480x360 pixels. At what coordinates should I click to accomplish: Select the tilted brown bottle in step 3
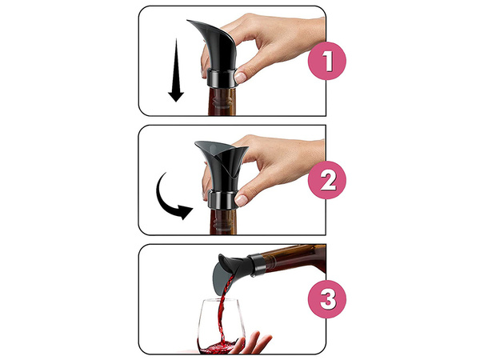point(296,258)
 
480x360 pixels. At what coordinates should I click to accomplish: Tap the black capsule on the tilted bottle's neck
point(258,262)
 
